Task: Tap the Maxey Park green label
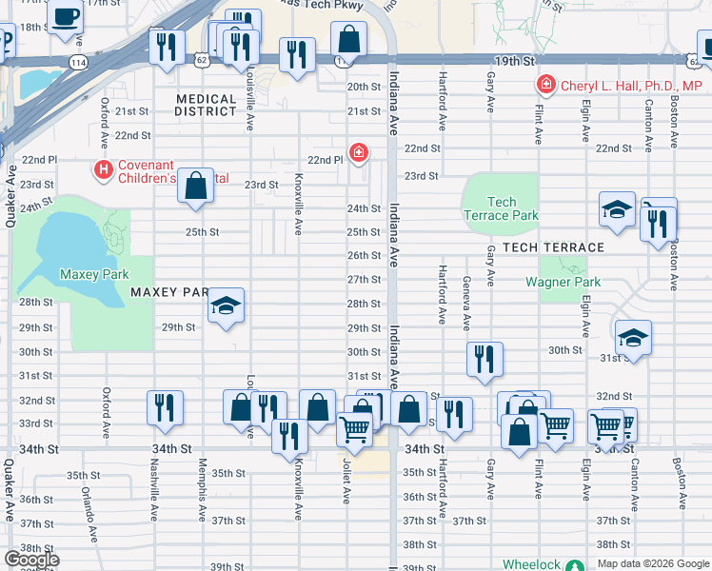[x=93, y=274]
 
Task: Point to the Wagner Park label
[x=563, y=282]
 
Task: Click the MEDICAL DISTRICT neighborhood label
[x=207, y=105]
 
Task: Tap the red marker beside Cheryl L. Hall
[x=546, y=86]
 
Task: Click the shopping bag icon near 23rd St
[x=195, y=187]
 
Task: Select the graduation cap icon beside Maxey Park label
[x=226, y=305]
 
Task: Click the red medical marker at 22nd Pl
[x=358, y=151]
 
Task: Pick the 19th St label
[x=515, y=60]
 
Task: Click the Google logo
[x=31, y=560]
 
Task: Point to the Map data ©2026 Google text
[x=652, y=563]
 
